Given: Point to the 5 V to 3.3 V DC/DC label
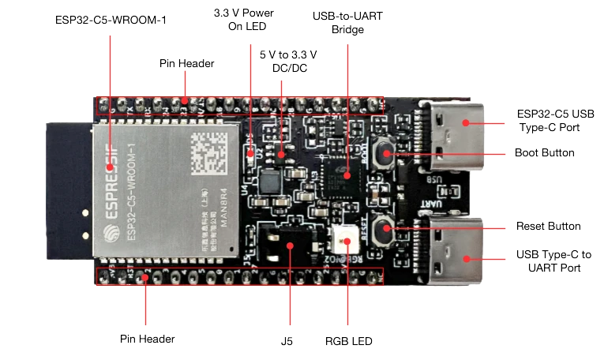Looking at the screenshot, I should click(x=289, y=62).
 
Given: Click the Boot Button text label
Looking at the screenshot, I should click(x=544, y=152).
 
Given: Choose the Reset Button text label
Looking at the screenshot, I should click(x=548, y=227).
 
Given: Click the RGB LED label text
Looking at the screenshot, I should click(x=348, y=342).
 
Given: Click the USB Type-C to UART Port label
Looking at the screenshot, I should click(x=553, y=261).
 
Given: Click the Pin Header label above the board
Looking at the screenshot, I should click(x=186, y=63).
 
